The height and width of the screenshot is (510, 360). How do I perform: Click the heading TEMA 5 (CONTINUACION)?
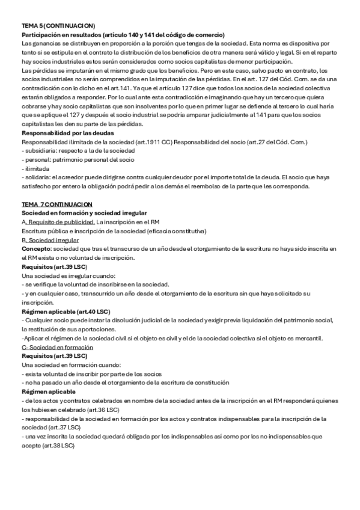tap(58, 26)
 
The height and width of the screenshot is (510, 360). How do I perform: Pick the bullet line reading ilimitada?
tap(37, 168)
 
